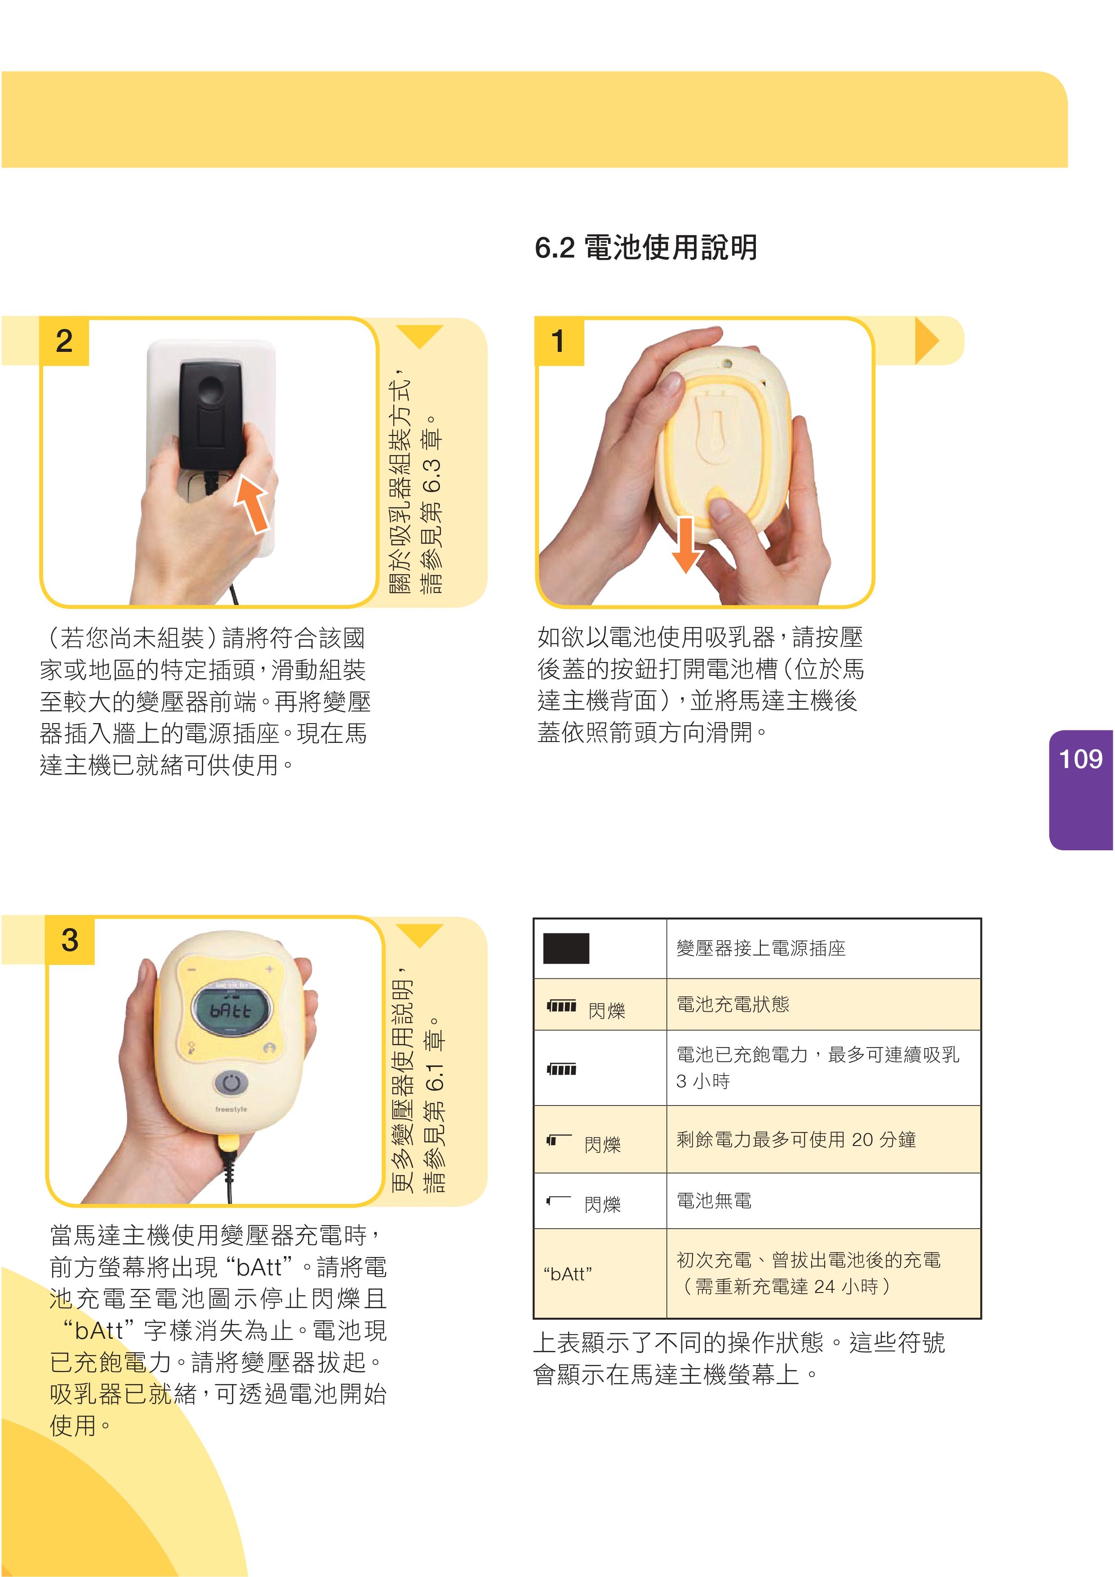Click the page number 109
click(x=1081, y=759)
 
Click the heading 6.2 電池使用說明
click(x=646, y=247)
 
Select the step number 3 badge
click(x=69, y=940)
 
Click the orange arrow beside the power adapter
click(x=251, y=505)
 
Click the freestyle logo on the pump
click(x=231, y=1109)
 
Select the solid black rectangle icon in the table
click(x=566, y=949)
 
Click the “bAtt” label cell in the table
click(x=600, y=1273)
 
